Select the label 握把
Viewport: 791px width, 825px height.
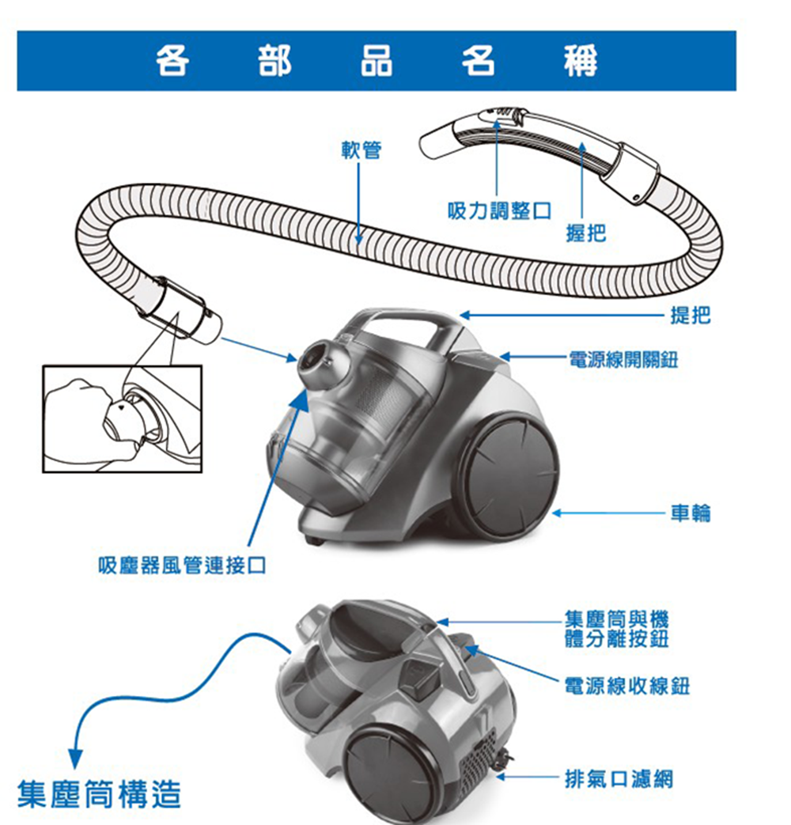click(586, 233)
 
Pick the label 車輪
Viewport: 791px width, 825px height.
click(690, 514)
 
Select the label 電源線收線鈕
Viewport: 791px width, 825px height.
click(625, 686)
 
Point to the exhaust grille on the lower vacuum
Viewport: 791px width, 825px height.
click(479, 763)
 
